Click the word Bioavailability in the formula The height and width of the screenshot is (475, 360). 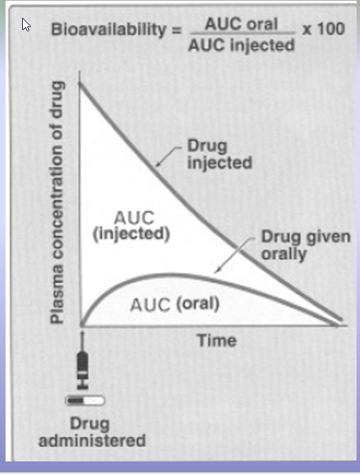pos(109,30)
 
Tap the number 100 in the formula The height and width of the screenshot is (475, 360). pos(331,29)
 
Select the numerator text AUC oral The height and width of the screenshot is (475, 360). pos(241,24)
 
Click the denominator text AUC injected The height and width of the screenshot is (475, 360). pos(241,46)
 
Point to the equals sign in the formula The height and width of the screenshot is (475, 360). pos(176,30)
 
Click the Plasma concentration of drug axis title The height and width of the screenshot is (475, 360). pos(57,202)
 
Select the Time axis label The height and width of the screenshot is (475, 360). pos(216,340)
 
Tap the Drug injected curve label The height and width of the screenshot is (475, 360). pos(219,154)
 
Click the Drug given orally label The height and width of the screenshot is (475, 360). pos(306,245)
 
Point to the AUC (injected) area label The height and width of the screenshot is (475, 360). pos(131,226)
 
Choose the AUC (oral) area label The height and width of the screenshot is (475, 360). pos(175,304)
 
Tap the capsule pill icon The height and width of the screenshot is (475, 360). pos(85,401)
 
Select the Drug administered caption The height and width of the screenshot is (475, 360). pos(92,432)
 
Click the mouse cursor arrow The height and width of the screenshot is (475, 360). pos(26,24)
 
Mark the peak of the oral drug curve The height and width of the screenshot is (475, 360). pos(166,275)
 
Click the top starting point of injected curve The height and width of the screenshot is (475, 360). pos(80,83)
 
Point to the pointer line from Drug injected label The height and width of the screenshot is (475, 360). pos(169,156)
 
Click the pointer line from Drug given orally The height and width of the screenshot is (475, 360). pos(234,255)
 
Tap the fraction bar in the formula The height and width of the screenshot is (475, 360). pos(242,33)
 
